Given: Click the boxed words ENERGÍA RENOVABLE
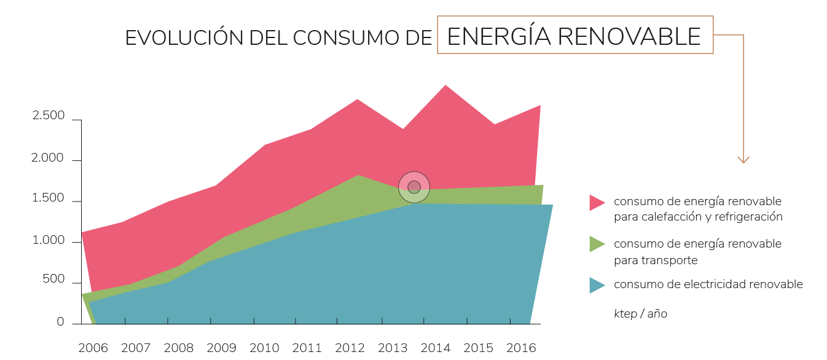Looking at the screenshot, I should [x=574, y=36].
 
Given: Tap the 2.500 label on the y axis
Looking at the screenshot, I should [x=48, y=116].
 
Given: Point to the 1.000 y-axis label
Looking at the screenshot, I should [x=48, y=240].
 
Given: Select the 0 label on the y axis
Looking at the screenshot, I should [x=60, y=322].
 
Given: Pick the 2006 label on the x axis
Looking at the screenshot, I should [x=93, y=348].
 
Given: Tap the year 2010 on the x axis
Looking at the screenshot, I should [x=264, y=348].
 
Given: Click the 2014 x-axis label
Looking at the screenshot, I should [x=435, y=348].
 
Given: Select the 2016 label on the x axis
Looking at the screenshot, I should [x=521, y=348].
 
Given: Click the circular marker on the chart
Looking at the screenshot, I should [x=414, y=187].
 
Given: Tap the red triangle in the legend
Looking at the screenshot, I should [x=596, y=203].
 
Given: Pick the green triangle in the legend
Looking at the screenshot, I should [x=596, y=244].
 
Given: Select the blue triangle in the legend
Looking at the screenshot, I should [x=596, y=285].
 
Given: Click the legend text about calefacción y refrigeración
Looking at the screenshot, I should [x=698, y=209].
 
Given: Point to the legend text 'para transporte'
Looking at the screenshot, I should [x=656, y=260].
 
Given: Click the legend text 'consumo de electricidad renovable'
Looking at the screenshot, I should [x=708, y=284].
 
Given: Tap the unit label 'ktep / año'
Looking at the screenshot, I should [x=640, y=314].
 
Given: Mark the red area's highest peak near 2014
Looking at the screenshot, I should [x=445, y=87].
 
